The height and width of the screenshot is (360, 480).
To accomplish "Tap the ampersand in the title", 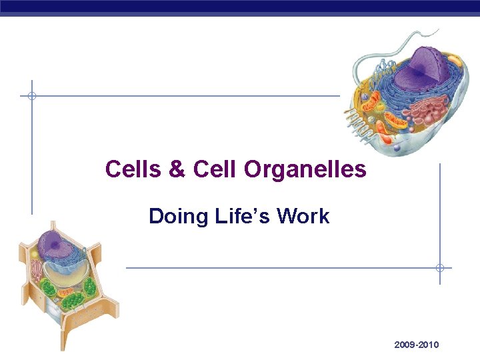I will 177,169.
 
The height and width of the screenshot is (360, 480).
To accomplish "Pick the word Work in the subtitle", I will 303,216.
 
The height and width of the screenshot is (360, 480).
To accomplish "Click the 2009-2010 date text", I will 416,345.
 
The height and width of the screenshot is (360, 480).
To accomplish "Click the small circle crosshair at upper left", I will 31,96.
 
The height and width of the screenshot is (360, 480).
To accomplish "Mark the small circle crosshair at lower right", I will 439,268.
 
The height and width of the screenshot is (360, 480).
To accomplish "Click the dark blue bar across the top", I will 240,6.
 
